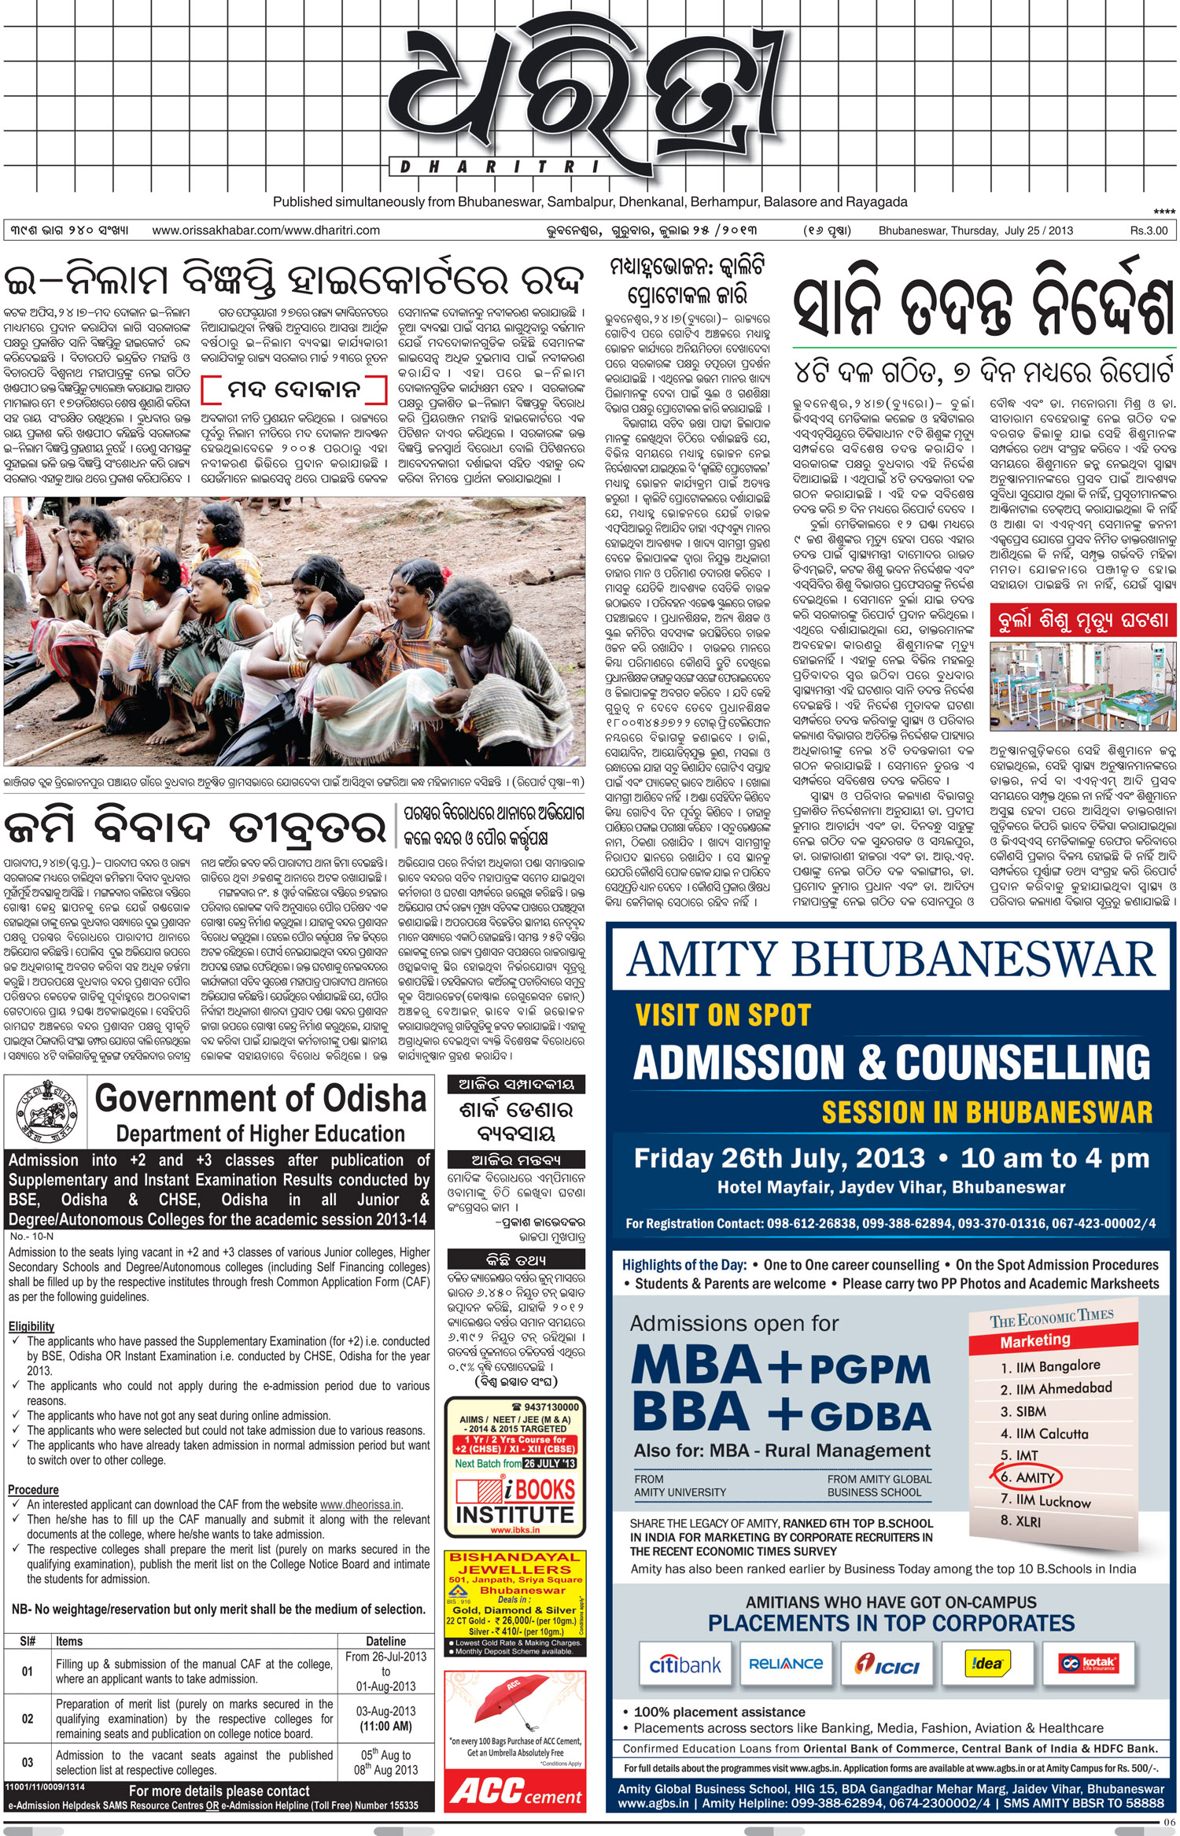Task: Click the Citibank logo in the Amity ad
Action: pos(684,1665)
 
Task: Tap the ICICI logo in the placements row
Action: pos(887,1665)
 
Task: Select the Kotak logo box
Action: pos(1089,1663)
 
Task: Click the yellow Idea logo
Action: pos(987,1663)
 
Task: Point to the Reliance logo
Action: pos(785,1664)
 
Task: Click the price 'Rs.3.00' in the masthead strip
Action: pos(1149,230)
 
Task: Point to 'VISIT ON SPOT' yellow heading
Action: pos(723,1015)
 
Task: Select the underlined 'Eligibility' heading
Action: pos(31,1326)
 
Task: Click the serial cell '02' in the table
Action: pos(28,1718)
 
